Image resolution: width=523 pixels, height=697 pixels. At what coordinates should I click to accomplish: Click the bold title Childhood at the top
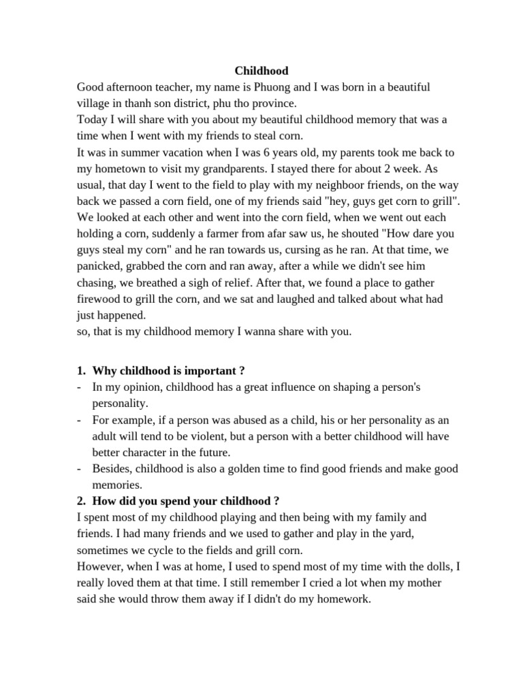tap(261, 71)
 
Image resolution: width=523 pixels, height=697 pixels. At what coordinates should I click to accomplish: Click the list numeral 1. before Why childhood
tap(81, 370)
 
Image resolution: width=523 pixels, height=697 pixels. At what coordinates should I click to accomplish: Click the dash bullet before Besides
tap(80, 469)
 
